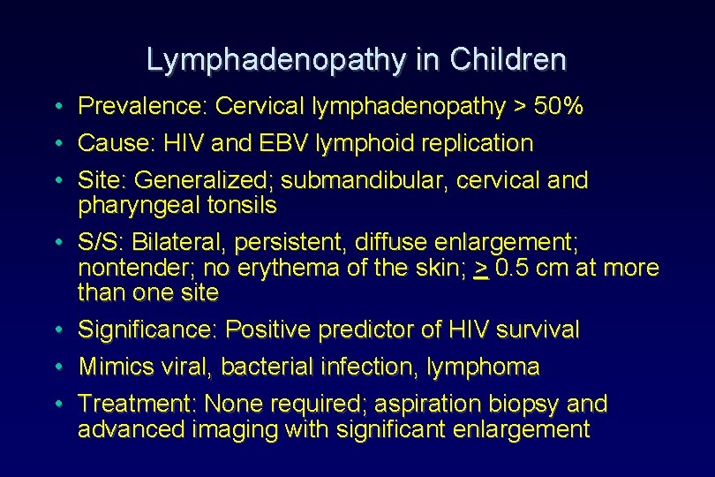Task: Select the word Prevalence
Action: click(x=141, y=107)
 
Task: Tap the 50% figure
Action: click(x=561, y=107)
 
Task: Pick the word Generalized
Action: click(x=204, y=180)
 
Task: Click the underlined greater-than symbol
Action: click(x=481, y=268)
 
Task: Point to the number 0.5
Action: click(x=513, y=267)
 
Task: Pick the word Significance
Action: click(x=146, y=330)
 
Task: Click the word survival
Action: click(x=538, y=330)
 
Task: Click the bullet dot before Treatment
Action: click(x=56, y=405)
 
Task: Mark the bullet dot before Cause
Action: click(x=56, y=144)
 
